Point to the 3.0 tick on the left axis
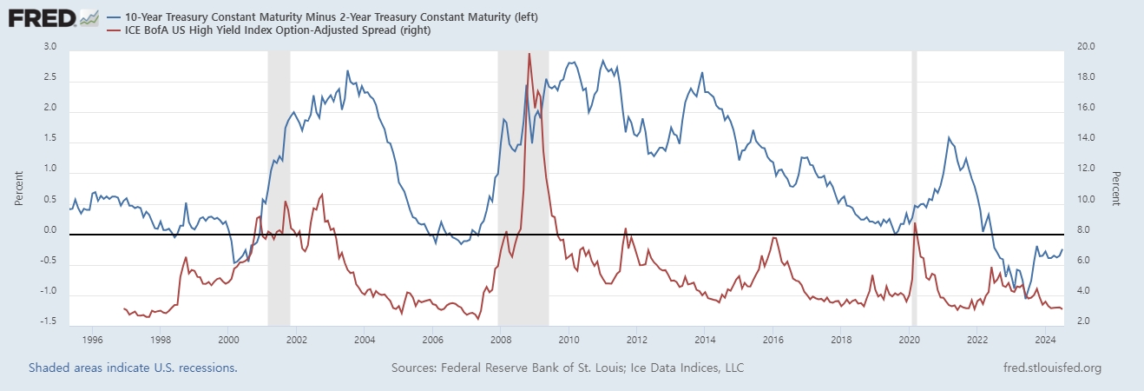click(50, 47)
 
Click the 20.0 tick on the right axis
click(1087, 47)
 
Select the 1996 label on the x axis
click(92, 339)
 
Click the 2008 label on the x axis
click(501, 339)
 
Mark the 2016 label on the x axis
click(773, 339)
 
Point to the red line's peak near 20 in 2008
click(529, 54)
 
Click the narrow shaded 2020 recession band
click(914, 187)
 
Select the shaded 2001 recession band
click(279, 187)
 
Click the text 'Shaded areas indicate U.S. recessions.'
click(133, 368)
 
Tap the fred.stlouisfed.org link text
click(1051, 368)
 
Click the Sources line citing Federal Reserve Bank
click(568, 368)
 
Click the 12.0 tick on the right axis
click(1087, 169)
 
